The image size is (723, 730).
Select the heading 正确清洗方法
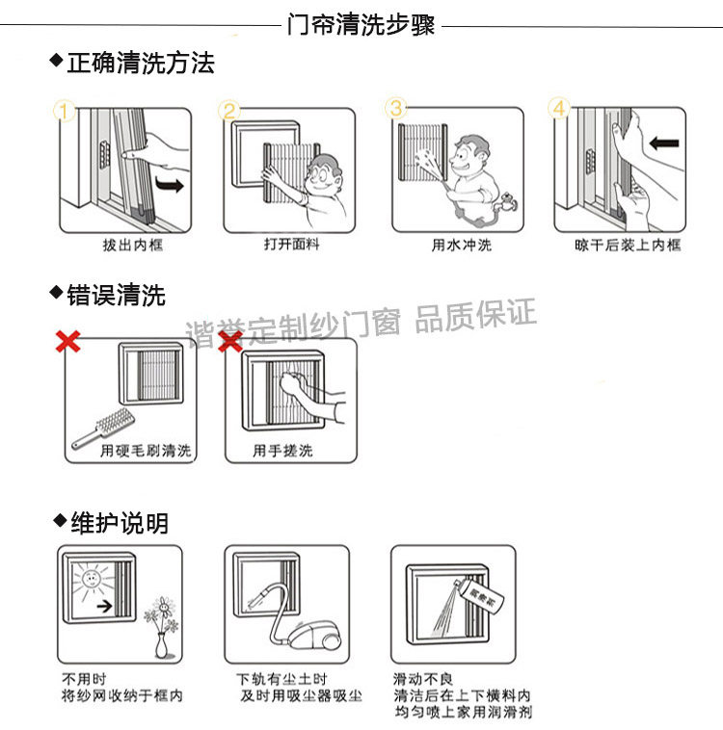140,64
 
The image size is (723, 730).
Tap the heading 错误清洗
116,295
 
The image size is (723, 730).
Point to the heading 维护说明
119,523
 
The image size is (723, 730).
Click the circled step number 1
65,112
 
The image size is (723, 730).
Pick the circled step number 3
397,107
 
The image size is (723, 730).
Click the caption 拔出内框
133,246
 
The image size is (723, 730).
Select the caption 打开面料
292,246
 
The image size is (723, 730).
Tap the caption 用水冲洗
462,246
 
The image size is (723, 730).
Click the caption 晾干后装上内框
628,246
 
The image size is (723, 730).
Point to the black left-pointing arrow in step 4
664,144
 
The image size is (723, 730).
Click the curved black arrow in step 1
170,182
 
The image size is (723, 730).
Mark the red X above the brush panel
67,341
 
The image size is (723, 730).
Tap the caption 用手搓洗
282,451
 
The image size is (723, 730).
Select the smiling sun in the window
90,581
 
